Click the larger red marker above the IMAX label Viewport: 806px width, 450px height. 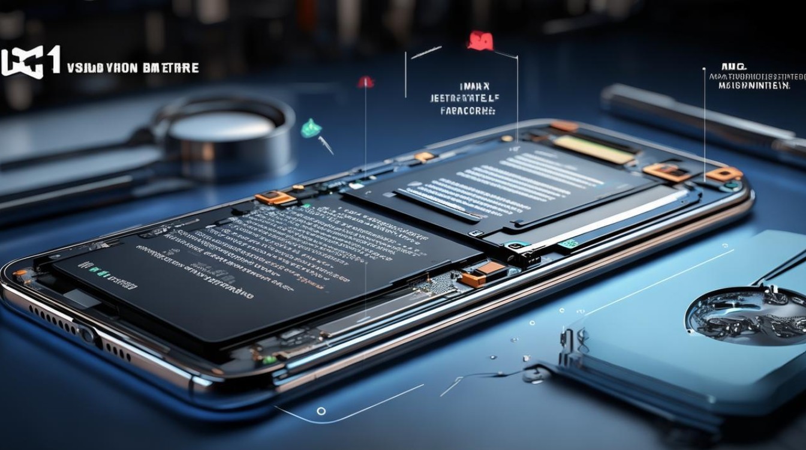480,41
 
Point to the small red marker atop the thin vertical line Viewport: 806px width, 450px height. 365,82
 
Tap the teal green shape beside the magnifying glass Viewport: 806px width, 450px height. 311,128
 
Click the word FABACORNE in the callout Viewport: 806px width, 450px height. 467,111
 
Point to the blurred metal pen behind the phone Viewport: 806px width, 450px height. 702,118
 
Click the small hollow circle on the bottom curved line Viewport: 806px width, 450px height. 321,411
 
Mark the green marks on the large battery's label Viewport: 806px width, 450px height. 97,271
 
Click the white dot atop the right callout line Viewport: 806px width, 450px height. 703,69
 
